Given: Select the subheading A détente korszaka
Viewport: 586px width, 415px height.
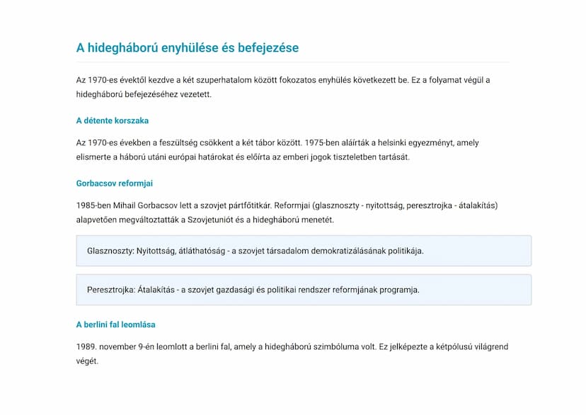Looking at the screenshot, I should [112, 120].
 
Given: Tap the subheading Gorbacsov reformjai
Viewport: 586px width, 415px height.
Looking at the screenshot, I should [114, 183].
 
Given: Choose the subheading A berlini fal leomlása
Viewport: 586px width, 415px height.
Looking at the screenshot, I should [115, 324].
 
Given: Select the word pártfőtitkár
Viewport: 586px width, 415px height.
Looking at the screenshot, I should [248, 205].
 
